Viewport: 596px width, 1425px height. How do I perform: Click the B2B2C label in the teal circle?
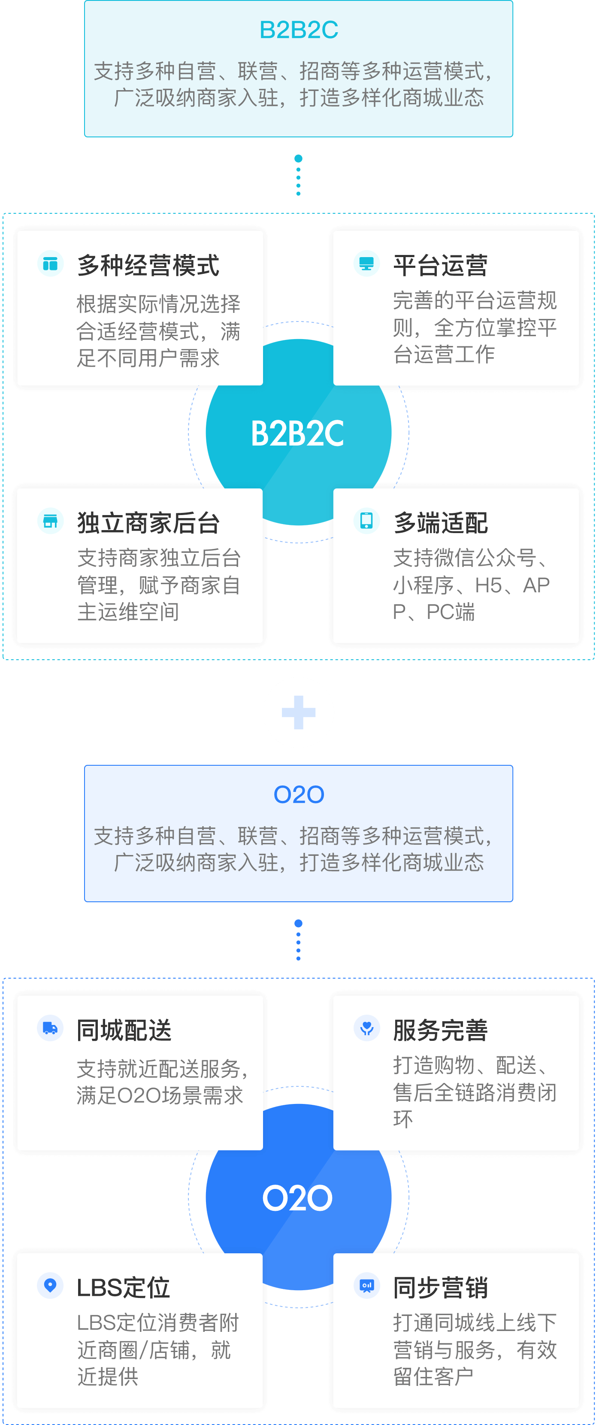pyautogui.click(x=297, y=433)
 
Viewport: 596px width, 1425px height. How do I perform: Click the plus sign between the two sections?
pyautogui.click(x=299, y=712)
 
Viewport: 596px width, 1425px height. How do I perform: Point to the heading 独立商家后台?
pyautogui.click(x=148, y=523)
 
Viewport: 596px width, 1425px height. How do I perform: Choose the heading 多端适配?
pyautogui.click(x=440, y=523)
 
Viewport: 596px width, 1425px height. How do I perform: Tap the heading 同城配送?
pyautogui.click(x=124, y=1030)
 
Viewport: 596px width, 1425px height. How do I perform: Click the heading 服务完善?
pyautogui.click(x=440, y=1030)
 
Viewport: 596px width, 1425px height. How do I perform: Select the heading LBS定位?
pyautogui.click(x=123, y=1288)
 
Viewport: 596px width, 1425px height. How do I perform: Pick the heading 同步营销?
pyautogui.click(x=440, y=1288)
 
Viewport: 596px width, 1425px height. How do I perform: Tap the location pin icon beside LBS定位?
pyautogui.click(x=50, y=1285)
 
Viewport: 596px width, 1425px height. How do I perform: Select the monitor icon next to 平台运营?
pyautogui.click(x=366, y=263)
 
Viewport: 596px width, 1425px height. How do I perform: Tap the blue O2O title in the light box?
pyautogui.click(x=299, y=795)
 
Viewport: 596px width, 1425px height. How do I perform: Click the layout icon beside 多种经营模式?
pyautogui.click(x=50, y=263)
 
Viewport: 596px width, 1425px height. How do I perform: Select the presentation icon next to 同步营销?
pyautogui.click(x=366, y=1285)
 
